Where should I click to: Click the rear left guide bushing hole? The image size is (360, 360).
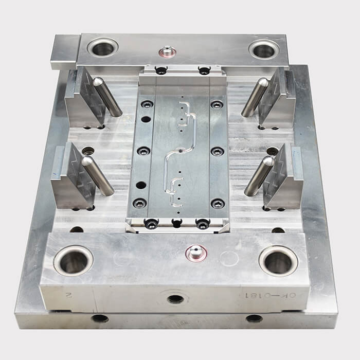pos(102,48)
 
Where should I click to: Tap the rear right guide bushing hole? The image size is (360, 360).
pos(264,49)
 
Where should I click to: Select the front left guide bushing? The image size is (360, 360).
pos(73,261)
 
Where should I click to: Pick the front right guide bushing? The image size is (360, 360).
pos(278,261)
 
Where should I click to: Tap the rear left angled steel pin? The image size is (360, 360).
pos(107,96)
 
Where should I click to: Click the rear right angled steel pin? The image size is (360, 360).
pos(255,97)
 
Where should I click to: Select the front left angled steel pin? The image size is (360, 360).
pos(98,176)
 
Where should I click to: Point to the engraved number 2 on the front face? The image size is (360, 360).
pos(67,295)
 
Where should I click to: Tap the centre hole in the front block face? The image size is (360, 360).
pos(175,298)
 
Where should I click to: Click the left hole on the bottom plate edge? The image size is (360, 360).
pos(100,318)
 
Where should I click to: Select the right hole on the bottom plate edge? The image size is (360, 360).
pos(254,318)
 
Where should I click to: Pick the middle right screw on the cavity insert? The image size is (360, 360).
pos(218,151)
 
